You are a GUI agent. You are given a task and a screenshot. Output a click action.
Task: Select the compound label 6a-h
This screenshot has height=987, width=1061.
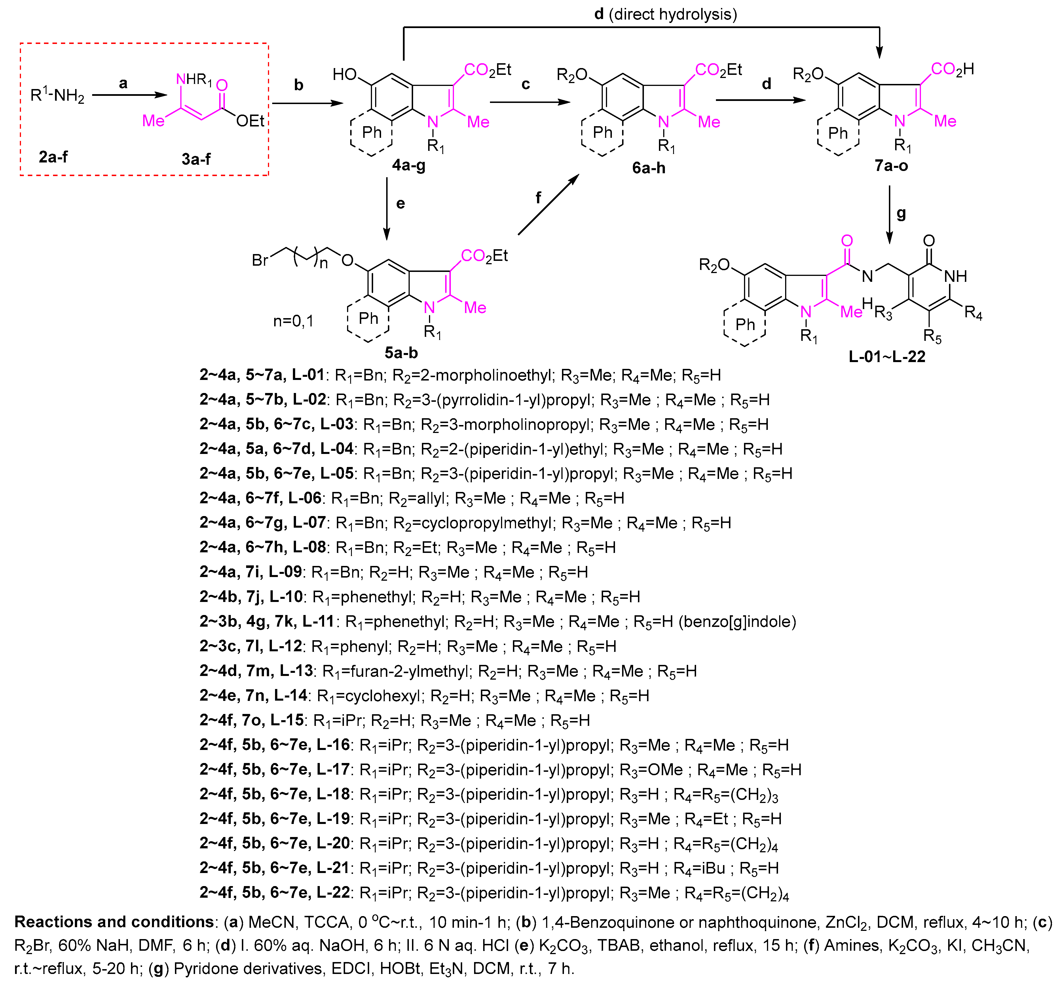[648, 168]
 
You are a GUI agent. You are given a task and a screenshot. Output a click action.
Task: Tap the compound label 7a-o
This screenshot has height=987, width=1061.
[891, 166]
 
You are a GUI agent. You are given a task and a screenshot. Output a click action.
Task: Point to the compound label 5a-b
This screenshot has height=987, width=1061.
[401, 353]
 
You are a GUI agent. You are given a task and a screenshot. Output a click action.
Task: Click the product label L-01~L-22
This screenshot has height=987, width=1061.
[887, 357]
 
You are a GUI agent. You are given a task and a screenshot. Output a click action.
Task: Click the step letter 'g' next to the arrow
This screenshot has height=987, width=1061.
[901, 214]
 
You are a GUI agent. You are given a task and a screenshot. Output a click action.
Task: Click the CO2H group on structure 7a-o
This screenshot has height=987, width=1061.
[952, 69]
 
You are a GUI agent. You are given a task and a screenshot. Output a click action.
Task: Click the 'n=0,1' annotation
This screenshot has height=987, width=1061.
[293, 321]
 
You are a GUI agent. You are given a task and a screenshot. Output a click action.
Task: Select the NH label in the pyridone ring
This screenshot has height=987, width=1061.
[955, 276]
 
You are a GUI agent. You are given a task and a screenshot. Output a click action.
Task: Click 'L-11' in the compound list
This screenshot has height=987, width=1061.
[318, 621]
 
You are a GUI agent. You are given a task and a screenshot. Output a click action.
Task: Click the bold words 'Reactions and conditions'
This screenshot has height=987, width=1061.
[114, 922]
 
